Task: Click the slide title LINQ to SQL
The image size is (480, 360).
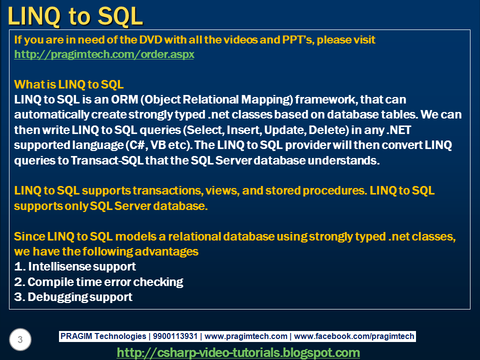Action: tap(75, 16)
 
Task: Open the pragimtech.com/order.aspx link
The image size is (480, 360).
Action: tap(104, 54)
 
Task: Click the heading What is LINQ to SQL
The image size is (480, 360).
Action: tap(69, 84)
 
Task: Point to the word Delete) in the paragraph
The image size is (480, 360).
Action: tap(329, 130)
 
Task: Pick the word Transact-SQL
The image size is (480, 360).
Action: tap(107, 160)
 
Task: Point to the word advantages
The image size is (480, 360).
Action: tap(166, 252)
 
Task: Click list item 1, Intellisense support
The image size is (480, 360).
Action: tap(75, 266)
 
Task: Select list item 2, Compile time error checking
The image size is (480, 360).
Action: tap(98, 282)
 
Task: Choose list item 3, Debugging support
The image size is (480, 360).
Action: tap(73, 297)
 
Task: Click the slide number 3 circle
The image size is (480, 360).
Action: tap(20, 339)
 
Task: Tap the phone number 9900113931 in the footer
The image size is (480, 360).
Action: tap(175, 336)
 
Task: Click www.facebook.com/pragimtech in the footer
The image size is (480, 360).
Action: tap(354, 336)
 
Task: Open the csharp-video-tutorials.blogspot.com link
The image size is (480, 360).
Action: tap(238, 352)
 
